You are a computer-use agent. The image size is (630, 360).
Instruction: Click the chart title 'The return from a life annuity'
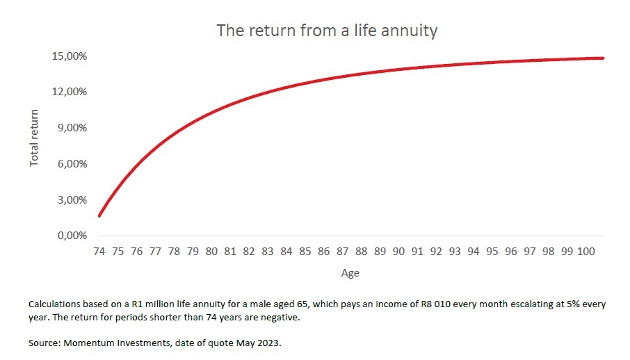click(327, 31)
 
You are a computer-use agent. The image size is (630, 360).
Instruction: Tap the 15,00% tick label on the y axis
click(69, 56)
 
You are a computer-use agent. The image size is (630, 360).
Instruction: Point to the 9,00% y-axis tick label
click(72, 128)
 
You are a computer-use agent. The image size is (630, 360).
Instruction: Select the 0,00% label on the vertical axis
click(72, 236)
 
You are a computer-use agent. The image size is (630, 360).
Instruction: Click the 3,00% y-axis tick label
click(72, 199)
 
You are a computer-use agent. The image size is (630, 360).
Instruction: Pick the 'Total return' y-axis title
click(34, 138)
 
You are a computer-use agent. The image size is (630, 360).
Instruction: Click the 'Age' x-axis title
click(350, 273)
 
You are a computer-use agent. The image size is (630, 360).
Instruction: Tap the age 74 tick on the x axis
click(99, 252)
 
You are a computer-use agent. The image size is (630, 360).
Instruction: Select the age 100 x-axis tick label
click(585, 252)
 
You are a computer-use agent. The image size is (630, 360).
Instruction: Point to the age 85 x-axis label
click(305, 252)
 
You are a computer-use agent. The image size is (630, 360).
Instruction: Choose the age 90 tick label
click(398, 252)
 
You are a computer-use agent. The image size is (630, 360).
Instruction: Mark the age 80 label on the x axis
click(211, 252)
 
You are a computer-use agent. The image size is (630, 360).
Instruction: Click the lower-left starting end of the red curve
click(99, 215)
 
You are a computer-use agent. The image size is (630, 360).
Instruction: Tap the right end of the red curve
click(603, 58)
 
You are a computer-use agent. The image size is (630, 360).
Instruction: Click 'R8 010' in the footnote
click(435, 304)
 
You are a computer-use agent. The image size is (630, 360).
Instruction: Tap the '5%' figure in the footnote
click(574, 304)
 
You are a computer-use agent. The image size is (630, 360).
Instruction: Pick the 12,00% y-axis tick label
click(69, 92)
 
